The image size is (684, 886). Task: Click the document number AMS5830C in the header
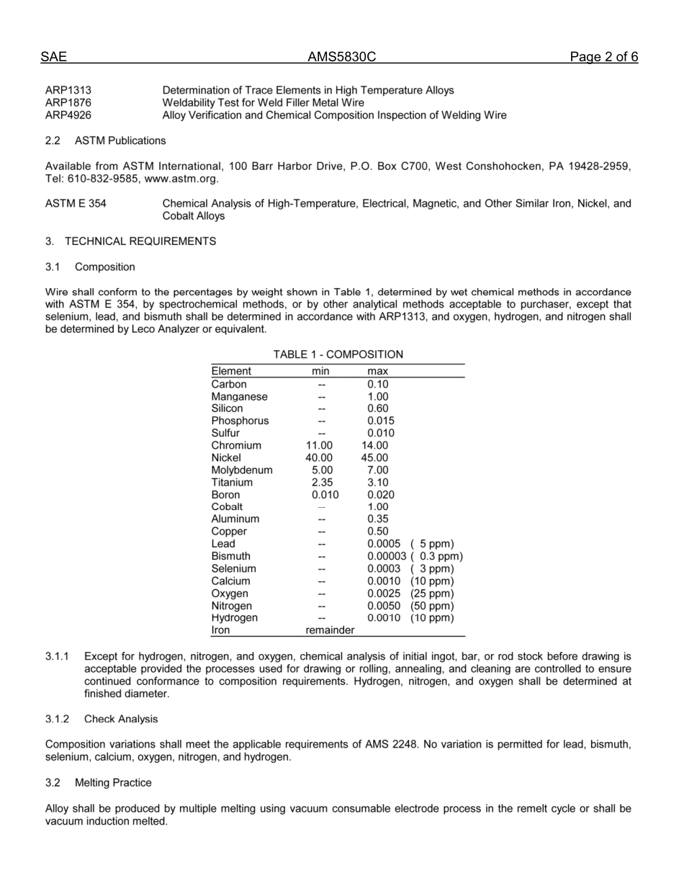tap(341, 57)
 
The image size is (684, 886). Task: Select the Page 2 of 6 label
tap(603, 57)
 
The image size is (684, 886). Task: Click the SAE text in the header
tap(53, 57)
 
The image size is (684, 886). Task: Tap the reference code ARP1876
tap(68, 103)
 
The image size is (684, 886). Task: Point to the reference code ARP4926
tap(68, 115)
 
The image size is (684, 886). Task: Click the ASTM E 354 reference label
tap(76, 204)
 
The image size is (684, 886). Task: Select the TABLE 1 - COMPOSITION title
tap(338, 354)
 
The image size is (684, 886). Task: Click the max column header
tap(377, 371)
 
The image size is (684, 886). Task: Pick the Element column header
tap(231, 371)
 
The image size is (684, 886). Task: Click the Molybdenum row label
tap(242, 470)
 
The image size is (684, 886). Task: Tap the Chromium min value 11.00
tap(319, 446)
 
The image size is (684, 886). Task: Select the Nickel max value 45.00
tap(374, 458)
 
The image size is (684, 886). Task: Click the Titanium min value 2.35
tap(322, 483)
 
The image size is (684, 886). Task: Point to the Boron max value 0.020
tap(380, 495)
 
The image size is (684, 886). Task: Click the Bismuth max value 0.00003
tap(387, 556)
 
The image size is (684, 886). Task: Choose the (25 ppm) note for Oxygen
tap(432, 594)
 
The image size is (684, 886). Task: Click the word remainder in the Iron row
tap(330, 630)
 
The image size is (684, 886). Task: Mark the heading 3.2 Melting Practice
tap(98, 782)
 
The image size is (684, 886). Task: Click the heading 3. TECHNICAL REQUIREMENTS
tap(130, 241)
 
